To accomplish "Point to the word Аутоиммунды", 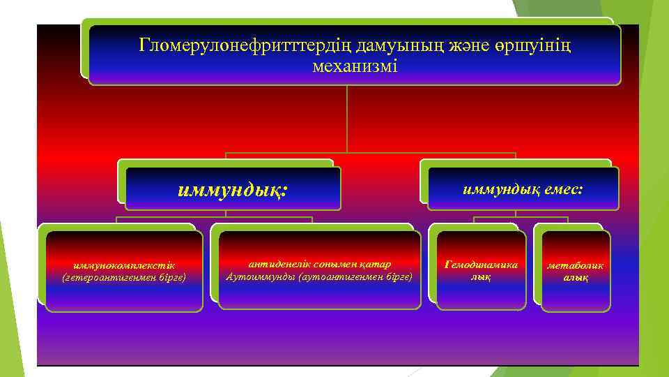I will (x=258, y=276).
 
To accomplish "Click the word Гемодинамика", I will (x=481, y=265).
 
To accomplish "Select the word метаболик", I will (x=576, y=265).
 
